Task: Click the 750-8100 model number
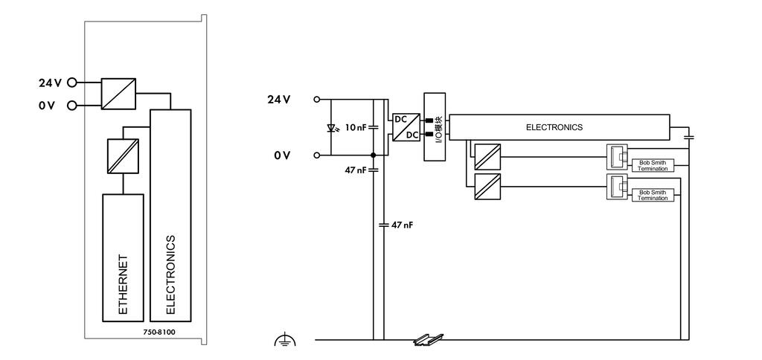coord(159,332)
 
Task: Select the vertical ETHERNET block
coord(123,257)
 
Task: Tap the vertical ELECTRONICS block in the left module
coord(170,215)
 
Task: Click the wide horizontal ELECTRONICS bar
coord(559,127)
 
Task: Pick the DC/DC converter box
coord(406,127)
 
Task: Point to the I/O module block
coord(435,126)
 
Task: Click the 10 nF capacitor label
coord(355,128)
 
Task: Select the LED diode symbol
coord(333,128)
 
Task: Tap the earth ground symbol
coord(285,340)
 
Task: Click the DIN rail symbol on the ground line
coord(429,340)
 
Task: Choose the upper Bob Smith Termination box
coord(653,165)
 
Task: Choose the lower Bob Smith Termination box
coord(653,196)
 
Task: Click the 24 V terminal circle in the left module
coord(72,83)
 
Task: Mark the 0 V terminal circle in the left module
coord(72,105)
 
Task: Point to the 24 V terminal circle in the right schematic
coord(317,100)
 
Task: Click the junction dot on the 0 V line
coord(374,155)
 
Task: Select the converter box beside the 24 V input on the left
coord(118,94)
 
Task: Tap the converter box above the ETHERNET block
coord(123,156)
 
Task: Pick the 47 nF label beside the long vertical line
coord(403,225)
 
